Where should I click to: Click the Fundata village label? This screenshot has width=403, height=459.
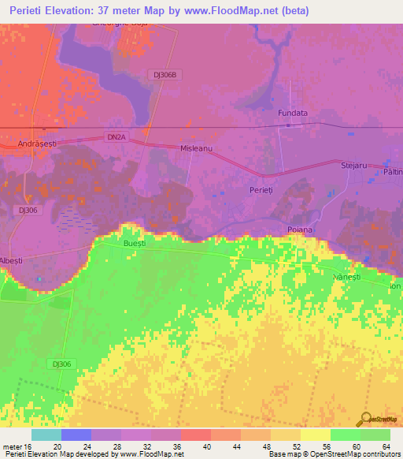point(292,114)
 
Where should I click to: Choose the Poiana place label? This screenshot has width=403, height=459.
point(300,229)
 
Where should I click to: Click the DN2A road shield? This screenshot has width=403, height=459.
point(116,136)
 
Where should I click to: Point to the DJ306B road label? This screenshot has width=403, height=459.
point(168,74)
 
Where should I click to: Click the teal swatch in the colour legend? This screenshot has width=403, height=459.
point(46,435)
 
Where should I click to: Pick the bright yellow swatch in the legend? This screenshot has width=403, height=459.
point(315,435)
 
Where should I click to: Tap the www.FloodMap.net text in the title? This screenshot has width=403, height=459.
point(228,11)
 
